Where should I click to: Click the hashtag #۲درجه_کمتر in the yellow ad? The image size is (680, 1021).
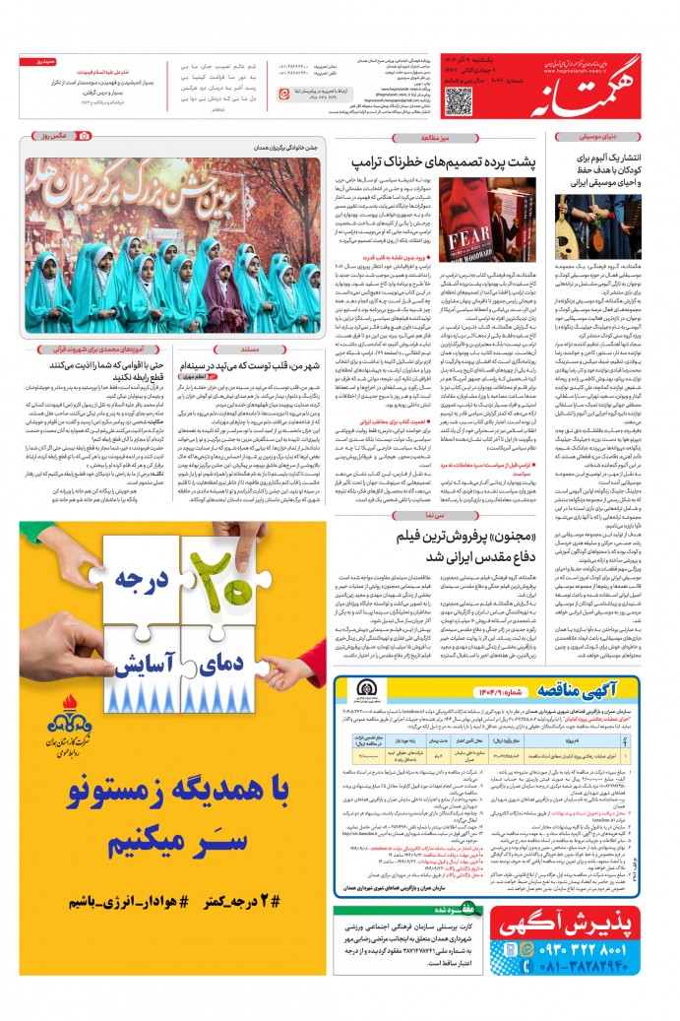pyautogui.click(x=274, y=900)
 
